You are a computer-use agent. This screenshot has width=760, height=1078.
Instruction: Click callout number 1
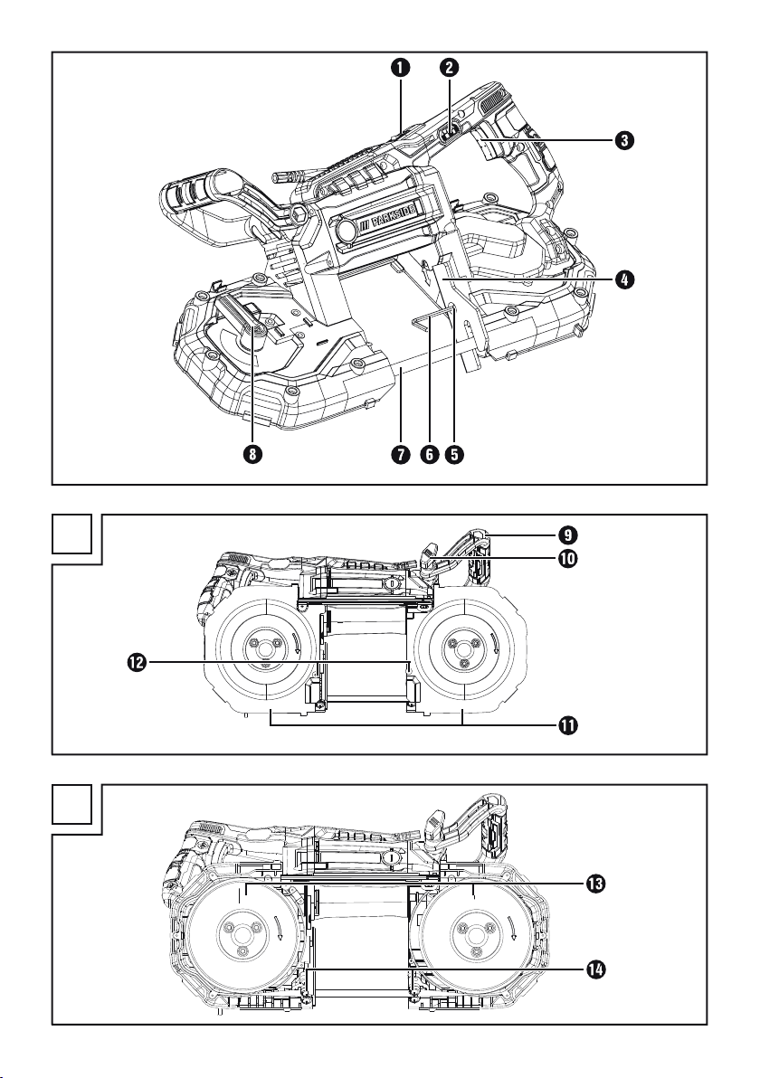400,67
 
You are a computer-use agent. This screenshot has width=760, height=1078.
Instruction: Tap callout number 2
449,67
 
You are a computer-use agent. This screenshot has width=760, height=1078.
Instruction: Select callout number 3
623,140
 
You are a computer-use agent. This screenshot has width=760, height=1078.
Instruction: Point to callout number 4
623,279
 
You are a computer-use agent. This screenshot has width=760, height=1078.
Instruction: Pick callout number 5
454,454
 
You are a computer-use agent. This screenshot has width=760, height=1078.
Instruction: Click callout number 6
429,454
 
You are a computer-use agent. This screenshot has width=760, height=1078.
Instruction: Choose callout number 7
402,454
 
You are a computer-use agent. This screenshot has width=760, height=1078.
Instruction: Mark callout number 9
568,534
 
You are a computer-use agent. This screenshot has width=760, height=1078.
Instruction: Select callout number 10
568,558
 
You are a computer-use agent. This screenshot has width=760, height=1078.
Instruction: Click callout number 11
568,725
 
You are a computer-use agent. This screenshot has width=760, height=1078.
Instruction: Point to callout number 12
137,662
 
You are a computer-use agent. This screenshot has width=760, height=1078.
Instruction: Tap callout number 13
595,884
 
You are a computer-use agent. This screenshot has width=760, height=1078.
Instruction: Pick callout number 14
595,969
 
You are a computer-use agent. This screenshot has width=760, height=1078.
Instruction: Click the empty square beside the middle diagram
72,534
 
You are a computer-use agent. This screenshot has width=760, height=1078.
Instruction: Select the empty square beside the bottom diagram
72,804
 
